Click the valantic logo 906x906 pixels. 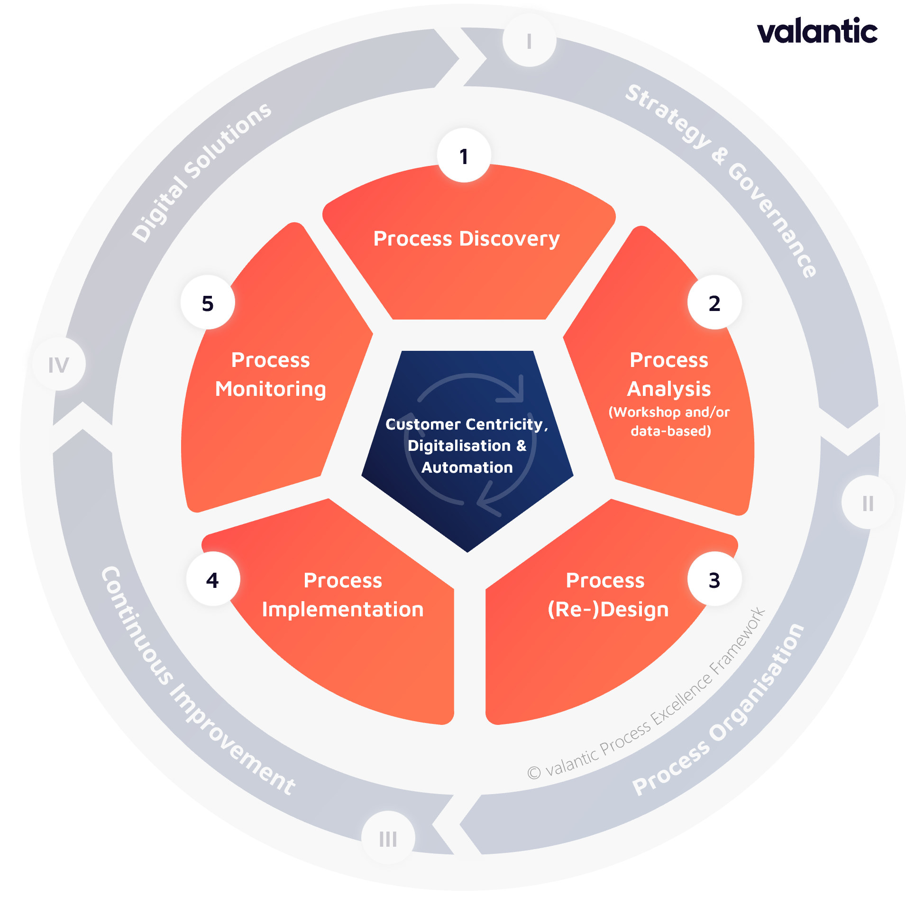coord(817,31)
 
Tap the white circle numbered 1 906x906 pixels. coord(464,156)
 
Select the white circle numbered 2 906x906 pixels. coord(714,302)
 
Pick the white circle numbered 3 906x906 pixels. coord(714,579)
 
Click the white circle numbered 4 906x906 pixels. coord(213,579)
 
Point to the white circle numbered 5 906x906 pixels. coord(208,302)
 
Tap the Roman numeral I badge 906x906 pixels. coord(529,41)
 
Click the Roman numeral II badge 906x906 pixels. coord(868,503)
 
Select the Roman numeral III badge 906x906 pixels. coord(388,838)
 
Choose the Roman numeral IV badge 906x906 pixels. coord(59,364)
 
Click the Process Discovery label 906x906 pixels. coord(467,238)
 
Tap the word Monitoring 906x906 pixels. coord(270,389)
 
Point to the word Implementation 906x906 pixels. coord(342,609)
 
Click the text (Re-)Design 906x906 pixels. coord(608,609)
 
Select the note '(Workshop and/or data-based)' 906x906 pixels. coord(669,421)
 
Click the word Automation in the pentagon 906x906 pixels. coord(467,467)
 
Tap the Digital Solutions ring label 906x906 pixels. coord(201,172)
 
